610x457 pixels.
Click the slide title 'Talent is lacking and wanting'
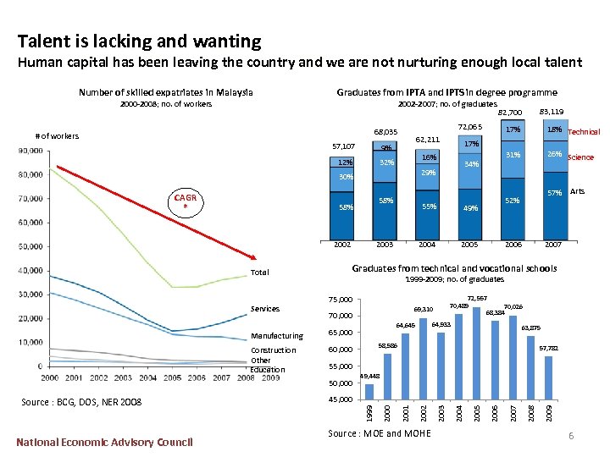pyautogui.click(x=140, y=41)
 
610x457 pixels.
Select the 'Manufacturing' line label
pyautogui.click(x=277, y=336)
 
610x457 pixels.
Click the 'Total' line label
pyautogui.click(x=259, y=273)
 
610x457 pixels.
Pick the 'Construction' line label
pyautogui.click(x=274, y=350)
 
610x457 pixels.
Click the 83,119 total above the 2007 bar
pyautogui.click(x=551, y=111)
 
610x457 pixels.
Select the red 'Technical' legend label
pyautogui.click(x=584, y=132)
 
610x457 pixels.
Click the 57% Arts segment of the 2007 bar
pyautogui.click(x=555, y=193)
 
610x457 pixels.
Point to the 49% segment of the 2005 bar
pyautogui.click(x=470, y=208)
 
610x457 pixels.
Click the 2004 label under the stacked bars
pyautogui.click(x=427, y=244)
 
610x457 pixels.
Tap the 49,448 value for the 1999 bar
pyautogui.click(x=370, y=376)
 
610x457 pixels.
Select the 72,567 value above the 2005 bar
pyautogui.click(x=478, y=298)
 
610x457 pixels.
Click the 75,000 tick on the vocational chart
pyautogui.click(x=342, y=299)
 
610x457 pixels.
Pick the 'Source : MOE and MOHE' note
pyautogui.click(x=378, y=433)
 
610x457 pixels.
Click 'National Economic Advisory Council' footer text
pyautogui.click(x=105, y=441)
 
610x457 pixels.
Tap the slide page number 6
pyautogui.click(x=571, y=435)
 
